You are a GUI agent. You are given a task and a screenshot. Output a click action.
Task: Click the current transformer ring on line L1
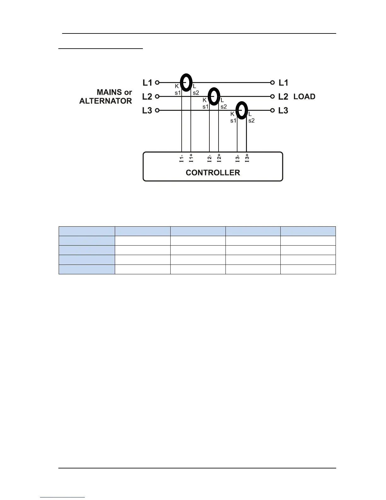(x=186, y=82)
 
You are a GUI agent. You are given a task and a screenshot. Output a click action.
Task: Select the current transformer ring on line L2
(x=214, y=96)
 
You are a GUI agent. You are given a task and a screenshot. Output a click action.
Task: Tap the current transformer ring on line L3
(x=242, y=110)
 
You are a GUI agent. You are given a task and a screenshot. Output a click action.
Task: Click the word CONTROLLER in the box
(x=213, y=173)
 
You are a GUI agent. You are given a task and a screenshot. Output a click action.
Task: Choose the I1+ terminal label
(x=191, y=158)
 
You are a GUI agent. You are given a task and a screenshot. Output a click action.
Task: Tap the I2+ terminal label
(x=219, y=158)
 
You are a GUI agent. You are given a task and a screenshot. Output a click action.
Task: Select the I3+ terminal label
(x=247, y=158)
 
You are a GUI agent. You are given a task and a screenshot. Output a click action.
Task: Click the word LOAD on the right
(x=304, y=97)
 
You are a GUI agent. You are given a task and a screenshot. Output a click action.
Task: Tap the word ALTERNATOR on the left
(x=106, y=101)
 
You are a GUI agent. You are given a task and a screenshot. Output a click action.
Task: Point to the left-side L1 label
(x=147, y=83)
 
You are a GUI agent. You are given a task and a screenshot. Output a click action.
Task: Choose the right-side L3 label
(x=283, y=110)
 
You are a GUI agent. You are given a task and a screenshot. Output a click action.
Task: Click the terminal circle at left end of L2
(x=157, y=97)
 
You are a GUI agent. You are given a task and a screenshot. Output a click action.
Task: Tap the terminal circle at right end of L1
(x=272, y=83)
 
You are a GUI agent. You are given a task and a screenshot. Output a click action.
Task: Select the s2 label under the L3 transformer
(x=251, y=121)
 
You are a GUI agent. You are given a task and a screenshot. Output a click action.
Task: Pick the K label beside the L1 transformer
(x=177, y=86)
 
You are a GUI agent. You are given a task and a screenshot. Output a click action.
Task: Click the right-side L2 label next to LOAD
(x=283, y=97)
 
